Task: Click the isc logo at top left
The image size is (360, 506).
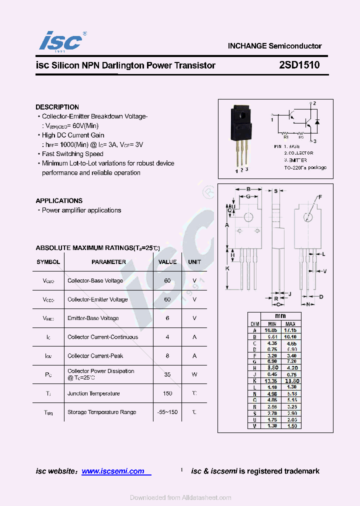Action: click(x=60, y=41)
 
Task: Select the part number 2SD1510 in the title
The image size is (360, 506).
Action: click(x=299, y=65)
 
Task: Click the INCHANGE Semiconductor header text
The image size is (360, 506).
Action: click(x=274, y=45)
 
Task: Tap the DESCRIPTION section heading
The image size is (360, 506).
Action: click(x=57, y=107)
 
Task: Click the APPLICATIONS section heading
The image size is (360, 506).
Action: click(x=59, y=200)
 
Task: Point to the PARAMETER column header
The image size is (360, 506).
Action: click(x=108, y=261)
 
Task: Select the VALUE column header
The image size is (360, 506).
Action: click(x=167, y=261)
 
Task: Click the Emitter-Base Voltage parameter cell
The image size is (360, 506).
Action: click(x=93, y=318)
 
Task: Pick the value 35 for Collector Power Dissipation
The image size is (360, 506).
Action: click(x=167, y=374)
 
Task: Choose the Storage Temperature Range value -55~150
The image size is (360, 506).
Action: click(x=167, y=412)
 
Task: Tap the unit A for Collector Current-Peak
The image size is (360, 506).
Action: click(x=194, y=355)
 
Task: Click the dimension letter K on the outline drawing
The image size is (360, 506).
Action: click(x=227, y=268)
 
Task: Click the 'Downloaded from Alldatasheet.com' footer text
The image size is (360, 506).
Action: click(x=180, y=497)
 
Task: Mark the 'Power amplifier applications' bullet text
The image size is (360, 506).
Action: click(x=81, y=210)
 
